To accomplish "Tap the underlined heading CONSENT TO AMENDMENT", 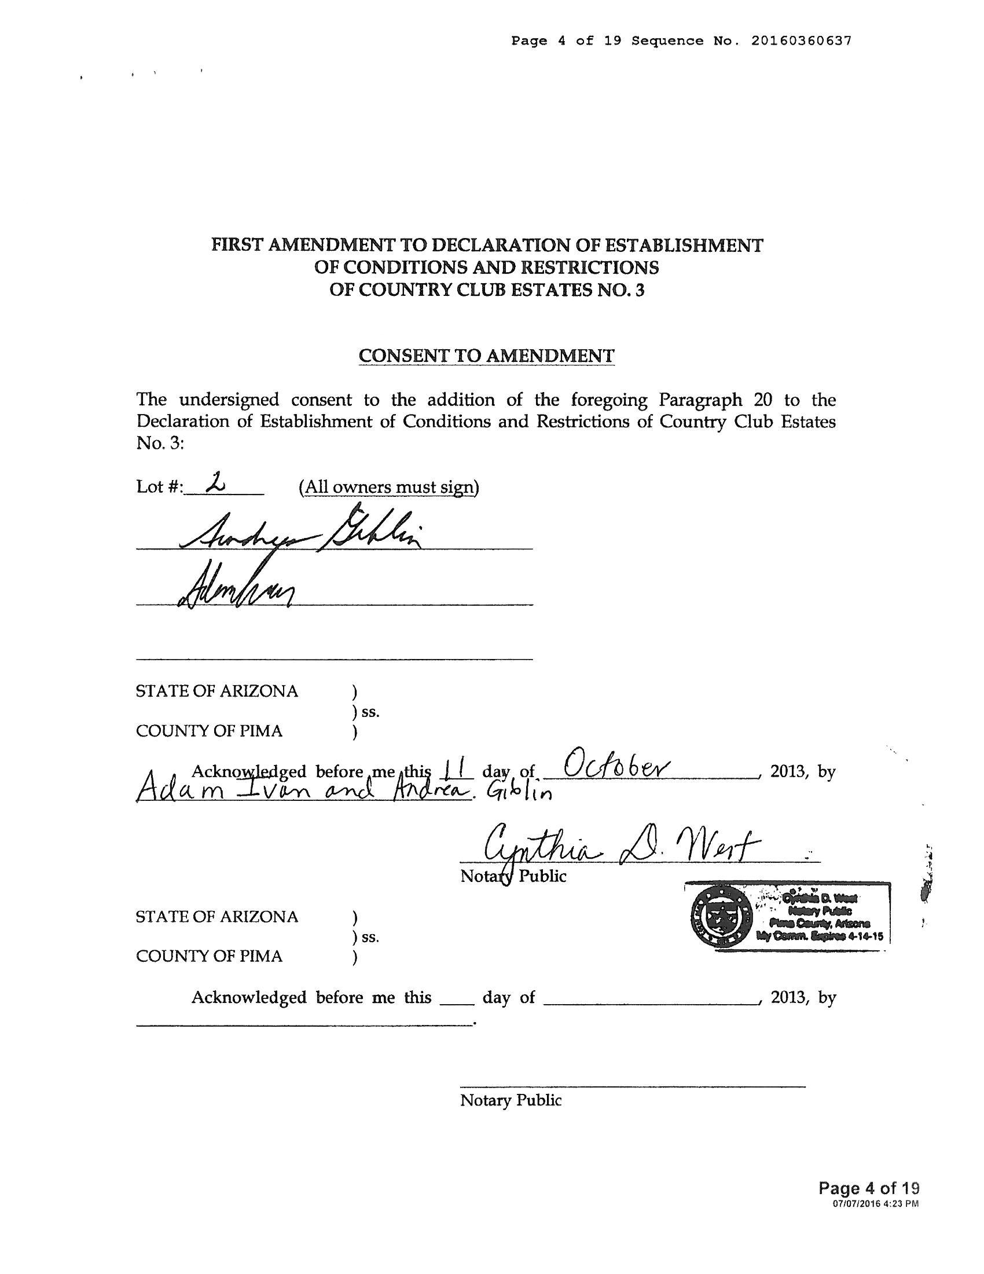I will click(x=486, y=355).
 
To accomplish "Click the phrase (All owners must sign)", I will click(x=389, y=486).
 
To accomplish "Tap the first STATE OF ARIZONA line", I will click(x=217, y=691).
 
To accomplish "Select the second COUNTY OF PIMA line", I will click(x=209, y=956).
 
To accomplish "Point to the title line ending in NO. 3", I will click(x=486, y=290).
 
